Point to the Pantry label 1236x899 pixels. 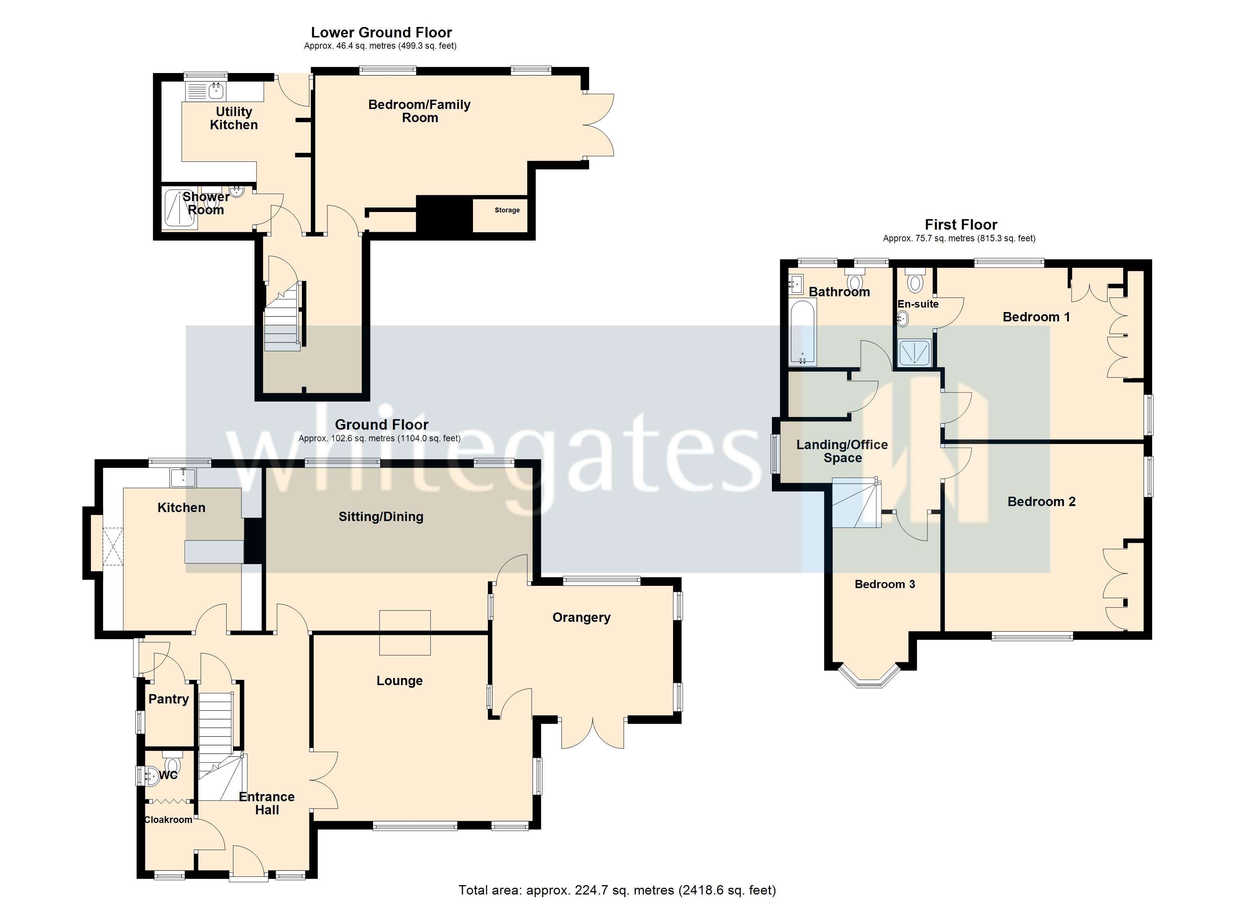(x=169, y=699)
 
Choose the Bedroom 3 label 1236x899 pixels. (x=885, y=584)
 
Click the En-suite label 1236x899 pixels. (x=918, y=304)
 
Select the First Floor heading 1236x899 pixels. (x=961, y=225)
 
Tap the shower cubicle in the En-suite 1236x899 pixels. (x=915, y=352)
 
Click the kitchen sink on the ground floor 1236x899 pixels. (x=183, y=478)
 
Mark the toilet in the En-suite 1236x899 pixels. (x=915, y=281)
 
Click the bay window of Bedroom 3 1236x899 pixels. (x=869, y=676)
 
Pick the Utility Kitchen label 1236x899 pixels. (x=234, y=118)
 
